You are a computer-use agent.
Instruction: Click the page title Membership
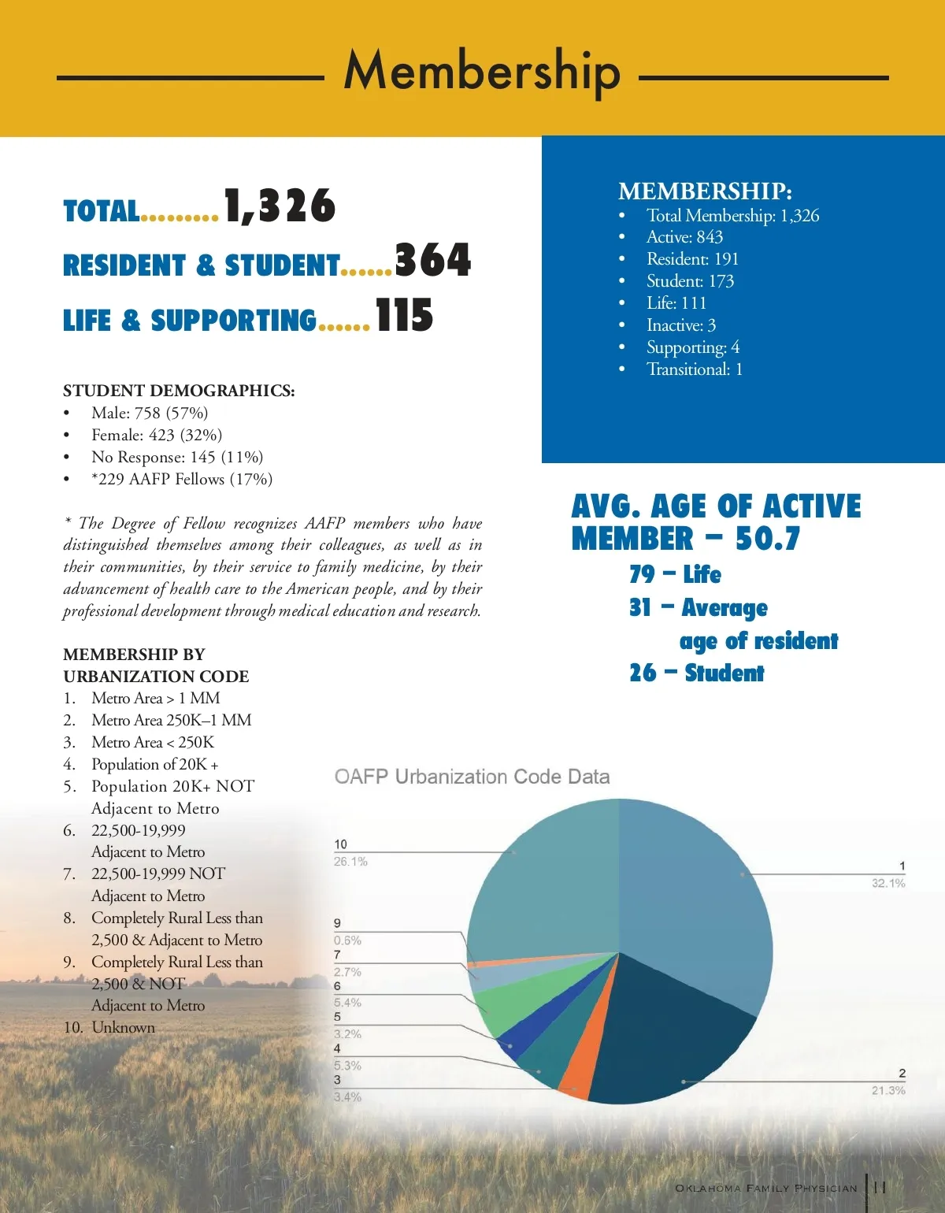[482, 71]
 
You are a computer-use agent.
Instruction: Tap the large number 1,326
[280, 206]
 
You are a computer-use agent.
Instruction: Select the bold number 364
[432, 260]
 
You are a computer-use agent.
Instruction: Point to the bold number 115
[404, 316]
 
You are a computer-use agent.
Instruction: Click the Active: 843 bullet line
[684, 237]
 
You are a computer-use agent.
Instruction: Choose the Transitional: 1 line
[694, 369]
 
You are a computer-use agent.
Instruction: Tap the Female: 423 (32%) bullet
[157, 435]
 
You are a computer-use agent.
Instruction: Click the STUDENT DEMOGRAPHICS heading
[179, 391]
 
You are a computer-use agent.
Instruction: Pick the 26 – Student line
[696, 673]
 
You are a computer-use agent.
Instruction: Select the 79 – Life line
[675, 574]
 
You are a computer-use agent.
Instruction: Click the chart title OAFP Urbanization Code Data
[472, 777]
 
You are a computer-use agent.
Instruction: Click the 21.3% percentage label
[888, 1091]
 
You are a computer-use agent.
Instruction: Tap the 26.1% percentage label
[350, 862]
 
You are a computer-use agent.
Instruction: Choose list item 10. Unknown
[109, 1028]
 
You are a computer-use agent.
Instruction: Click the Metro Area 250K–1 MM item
[171, 720]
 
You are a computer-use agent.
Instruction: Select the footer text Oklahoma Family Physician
[765, 1188]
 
